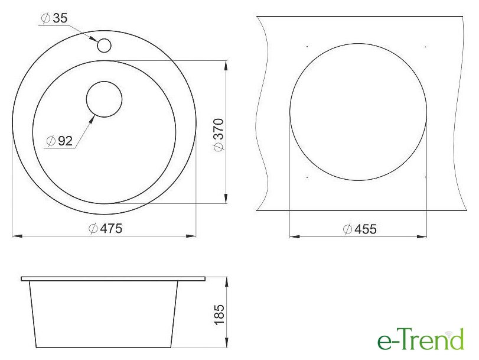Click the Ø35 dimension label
click(x=54, y=18)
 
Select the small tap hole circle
click(x=104, y=46)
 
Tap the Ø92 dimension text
click(x=60, y=141)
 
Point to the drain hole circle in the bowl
click(x=104, y=99)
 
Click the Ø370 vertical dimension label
click(x=219, y=135)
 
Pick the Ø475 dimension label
click(x=105, y=229)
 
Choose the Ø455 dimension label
click(x=360, y=229)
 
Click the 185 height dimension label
click(x=219, y=315)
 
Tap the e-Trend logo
click(x=421, y=339)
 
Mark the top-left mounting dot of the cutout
click(x=307, y=47)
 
